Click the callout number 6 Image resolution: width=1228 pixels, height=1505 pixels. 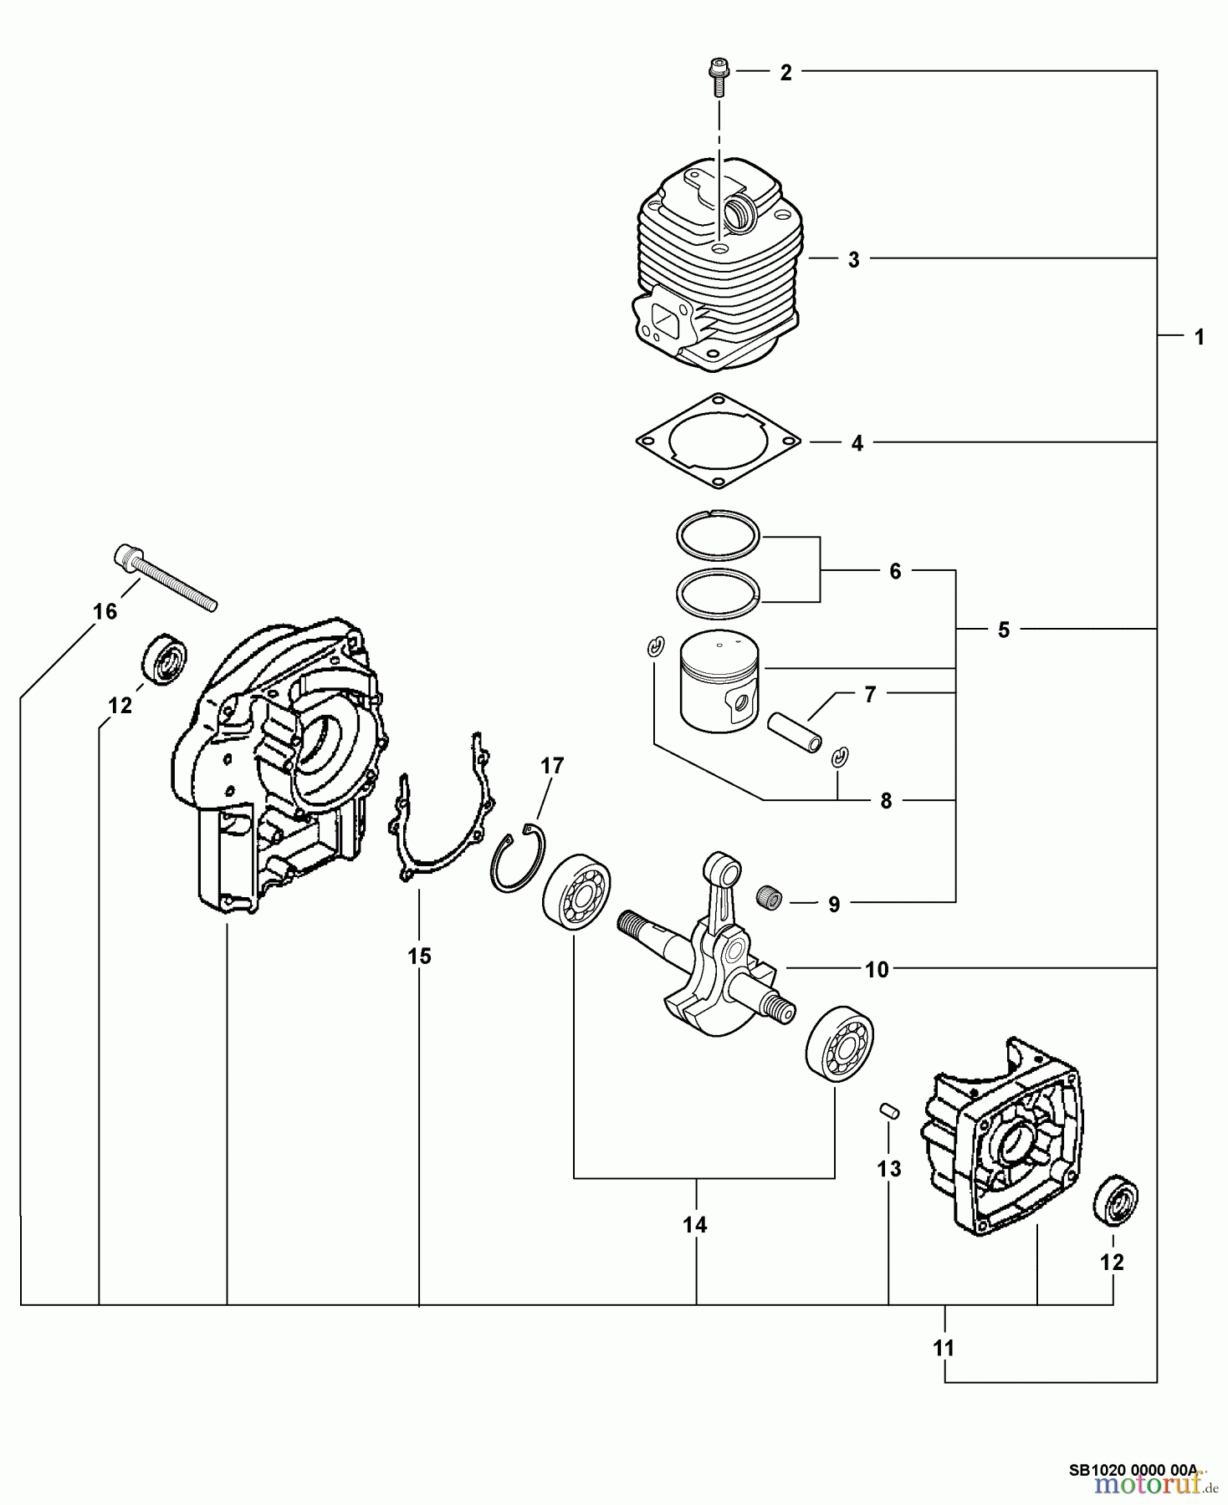pyautogui.click(x=895, y=572)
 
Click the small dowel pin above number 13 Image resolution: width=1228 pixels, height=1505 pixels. pyautogui.click(x=890, y=1111)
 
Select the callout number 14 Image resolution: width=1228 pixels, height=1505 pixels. pyautogui.click(x=694, y=1225)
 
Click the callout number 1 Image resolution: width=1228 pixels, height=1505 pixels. pyautogui.click(x=1199, y=338)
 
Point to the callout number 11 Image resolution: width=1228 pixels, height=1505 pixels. pyautogui.click(x=944, y=1348)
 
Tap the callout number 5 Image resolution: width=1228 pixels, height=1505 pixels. pyautogui.click(x=1004, y=630)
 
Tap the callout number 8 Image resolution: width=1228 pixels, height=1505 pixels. pyautogui.click(x=886, y=801)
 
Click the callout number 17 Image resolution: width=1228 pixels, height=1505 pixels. pyautogui.click(x=552, y=765)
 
